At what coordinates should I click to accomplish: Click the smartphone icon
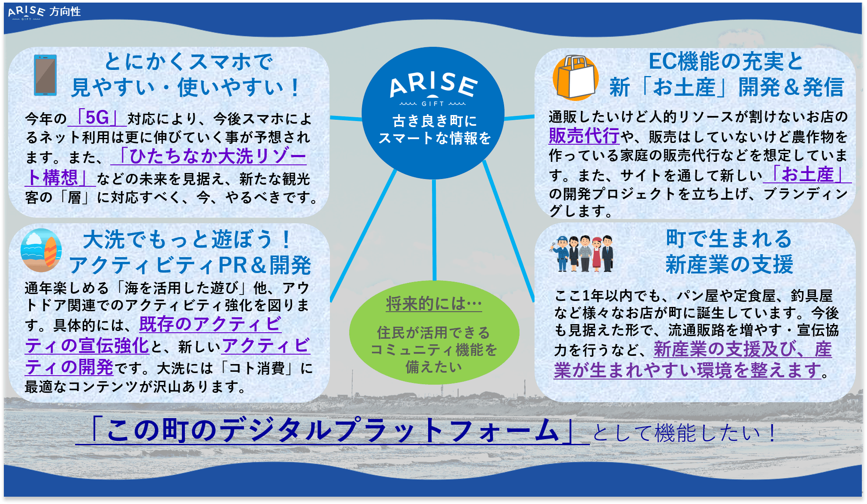pos(45,75)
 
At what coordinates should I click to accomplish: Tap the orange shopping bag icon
pos(575,78)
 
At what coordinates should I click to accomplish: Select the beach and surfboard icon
pos(41,250)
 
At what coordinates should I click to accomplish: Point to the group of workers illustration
pos(583,253)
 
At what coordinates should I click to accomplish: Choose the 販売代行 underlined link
pos(584,136)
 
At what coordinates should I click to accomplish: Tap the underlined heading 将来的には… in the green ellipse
pos(434,304)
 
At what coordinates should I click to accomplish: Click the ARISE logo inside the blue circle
pos(433,88)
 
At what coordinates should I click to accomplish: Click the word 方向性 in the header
pos(65,12)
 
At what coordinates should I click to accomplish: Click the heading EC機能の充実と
pos(725,61)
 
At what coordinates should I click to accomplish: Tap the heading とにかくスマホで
pos(188,62)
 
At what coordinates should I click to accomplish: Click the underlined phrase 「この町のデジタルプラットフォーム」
pos(332,431)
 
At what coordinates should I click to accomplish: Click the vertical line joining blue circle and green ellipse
pos(434,230)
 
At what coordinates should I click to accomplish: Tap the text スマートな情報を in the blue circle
pos(434,138)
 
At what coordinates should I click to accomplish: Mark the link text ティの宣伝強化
pos(87,346)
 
